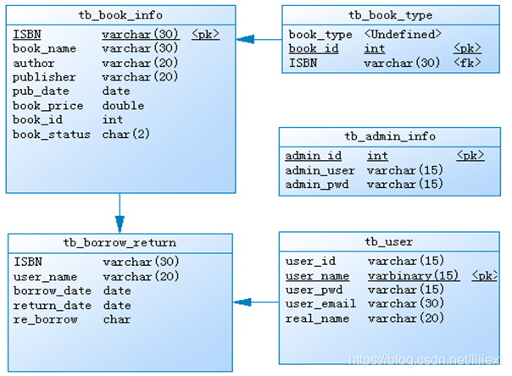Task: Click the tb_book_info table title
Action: click(x=120, y=15)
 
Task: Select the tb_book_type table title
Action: click(x=390, y=15)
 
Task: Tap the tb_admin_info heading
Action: click(x=390, y=136)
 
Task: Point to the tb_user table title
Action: click(x=388, y=241)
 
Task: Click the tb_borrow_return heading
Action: click(x=120, y=243)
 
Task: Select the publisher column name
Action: click(x=44, y=77)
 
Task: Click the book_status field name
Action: click(x=51, y=134)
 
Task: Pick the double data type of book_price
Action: click(x=123, y=105)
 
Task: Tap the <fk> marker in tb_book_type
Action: click(x=467, y=63)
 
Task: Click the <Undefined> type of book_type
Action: click(x=403, y=34)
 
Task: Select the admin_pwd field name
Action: click(x=317, y=185)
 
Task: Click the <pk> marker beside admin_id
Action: click(x=470, y=156)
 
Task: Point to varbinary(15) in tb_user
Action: click(x=414, y=276)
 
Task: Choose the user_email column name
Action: click(x=320, y=304)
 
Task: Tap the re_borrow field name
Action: click(x=46, y=319)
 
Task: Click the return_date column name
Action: click(x=53, y=305)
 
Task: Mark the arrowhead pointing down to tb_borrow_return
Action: click(x=120, y=224)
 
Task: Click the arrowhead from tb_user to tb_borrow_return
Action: click(x=242, y=302)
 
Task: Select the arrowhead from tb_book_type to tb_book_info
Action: click(x=245, y=40)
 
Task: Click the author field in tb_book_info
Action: click(x=34, y=63)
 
